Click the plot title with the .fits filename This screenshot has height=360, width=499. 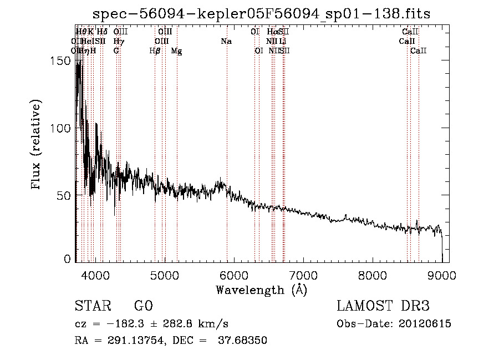(x=261, y=14)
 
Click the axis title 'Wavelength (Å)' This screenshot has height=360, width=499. (x=261, y=290)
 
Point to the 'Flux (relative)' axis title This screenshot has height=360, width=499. (x=37, y=145)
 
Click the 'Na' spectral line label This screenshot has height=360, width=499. (x=226, y=42)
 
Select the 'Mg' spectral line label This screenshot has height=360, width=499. (x=176, y=51)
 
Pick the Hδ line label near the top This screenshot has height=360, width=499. (x=102, y=32)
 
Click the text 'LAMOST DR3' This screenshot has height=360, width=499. (x=383, y=306)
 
